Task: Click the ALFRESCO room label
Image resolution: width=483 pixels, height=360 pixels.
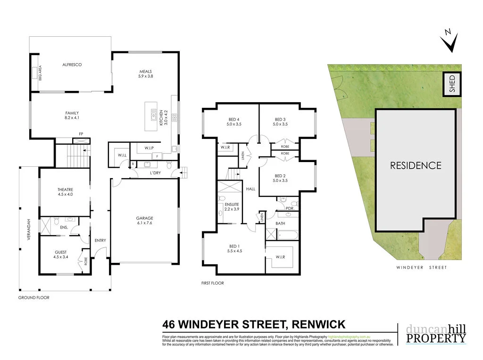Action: [72, 65]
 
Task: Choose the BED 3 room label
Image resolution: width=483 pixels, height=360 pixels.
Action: [280, 122]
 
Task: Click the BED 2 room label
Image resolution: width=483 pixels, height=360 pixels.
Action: [280, 178]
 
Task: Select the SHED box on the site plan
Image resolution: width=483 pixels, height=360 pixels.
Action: [452, 85]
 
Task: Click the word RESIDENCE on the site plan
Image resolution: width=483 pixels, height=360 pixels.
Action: [416, 165]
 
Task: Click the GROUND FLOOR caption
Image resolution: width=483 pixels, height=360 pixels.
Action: [33, 298]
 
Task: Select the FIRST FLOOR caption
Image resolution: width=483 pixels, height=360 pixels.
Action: [212, 283]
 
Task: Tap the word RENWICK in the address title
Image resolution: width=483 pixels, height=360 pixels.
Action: [319, 325]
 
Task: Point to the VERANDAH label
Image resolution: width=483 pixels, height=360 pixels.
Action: [28, 230]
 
